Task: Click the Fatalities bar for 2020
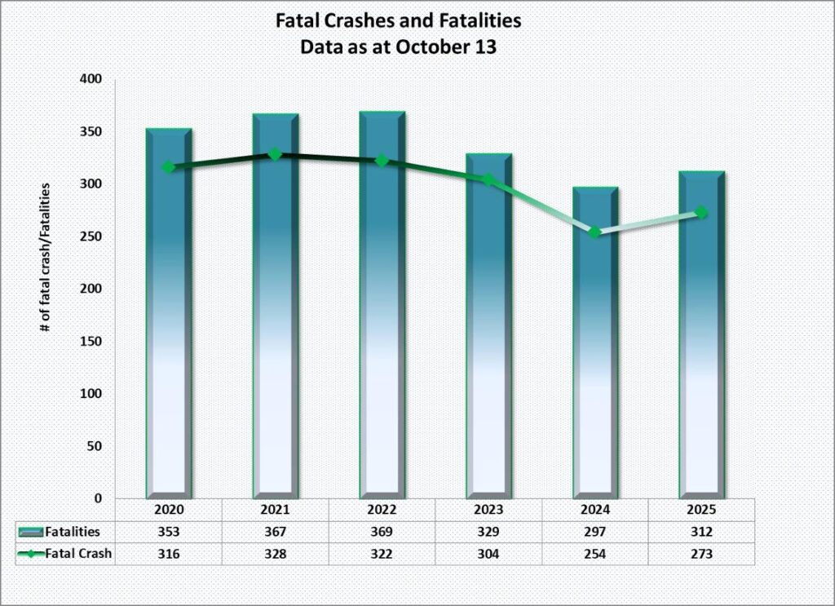coord(169,326)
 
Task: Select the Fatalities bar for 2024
coord(595,351)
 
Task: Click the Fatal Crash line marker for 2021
coord(275,154)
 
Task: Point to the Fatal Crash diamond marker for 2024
coord(595,232)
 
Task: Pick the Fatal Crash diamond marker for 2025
coord(701,213)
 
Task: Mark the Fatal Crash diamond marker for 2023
coord(488,179)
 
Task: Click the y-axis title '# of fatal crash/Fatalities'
coord(46,256)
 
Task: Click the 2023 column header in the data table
coord(488,510)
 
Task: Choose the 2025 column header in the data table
coord(701,510)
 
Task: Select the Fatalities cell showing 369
coord(382,532)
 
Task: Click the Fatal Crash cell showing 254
coord(595,554)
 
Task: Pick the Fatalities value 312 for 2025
coord(701,532)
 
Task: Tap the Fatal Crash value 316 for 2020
coord(169,554)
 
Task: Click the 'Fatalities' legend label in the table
coord(73,532)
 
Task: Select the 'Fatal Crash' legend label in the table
coord(79,554)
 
